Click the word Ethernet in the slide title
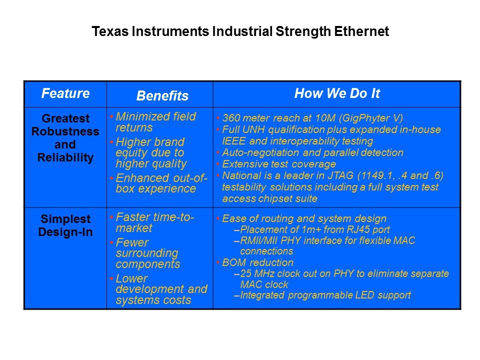(x=361, y=31)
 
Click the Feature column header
(x=65, y=93)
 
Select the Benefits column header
(x=162, y=96)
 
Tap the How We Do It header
(x=337, y=93)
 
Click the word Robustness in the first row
(x=65, y=131)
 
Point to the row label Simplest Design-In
(x=65, y=225)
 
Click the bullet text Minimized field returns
(x=155, y=122)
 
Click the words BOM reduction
(x=258, y=262)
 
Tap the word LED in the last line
(x=364, y=295)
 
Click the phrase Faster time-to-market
(x=155, y=222)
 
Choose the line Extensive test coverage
(x=279, y=164)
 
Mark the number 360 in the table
(x=230, y=118)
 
